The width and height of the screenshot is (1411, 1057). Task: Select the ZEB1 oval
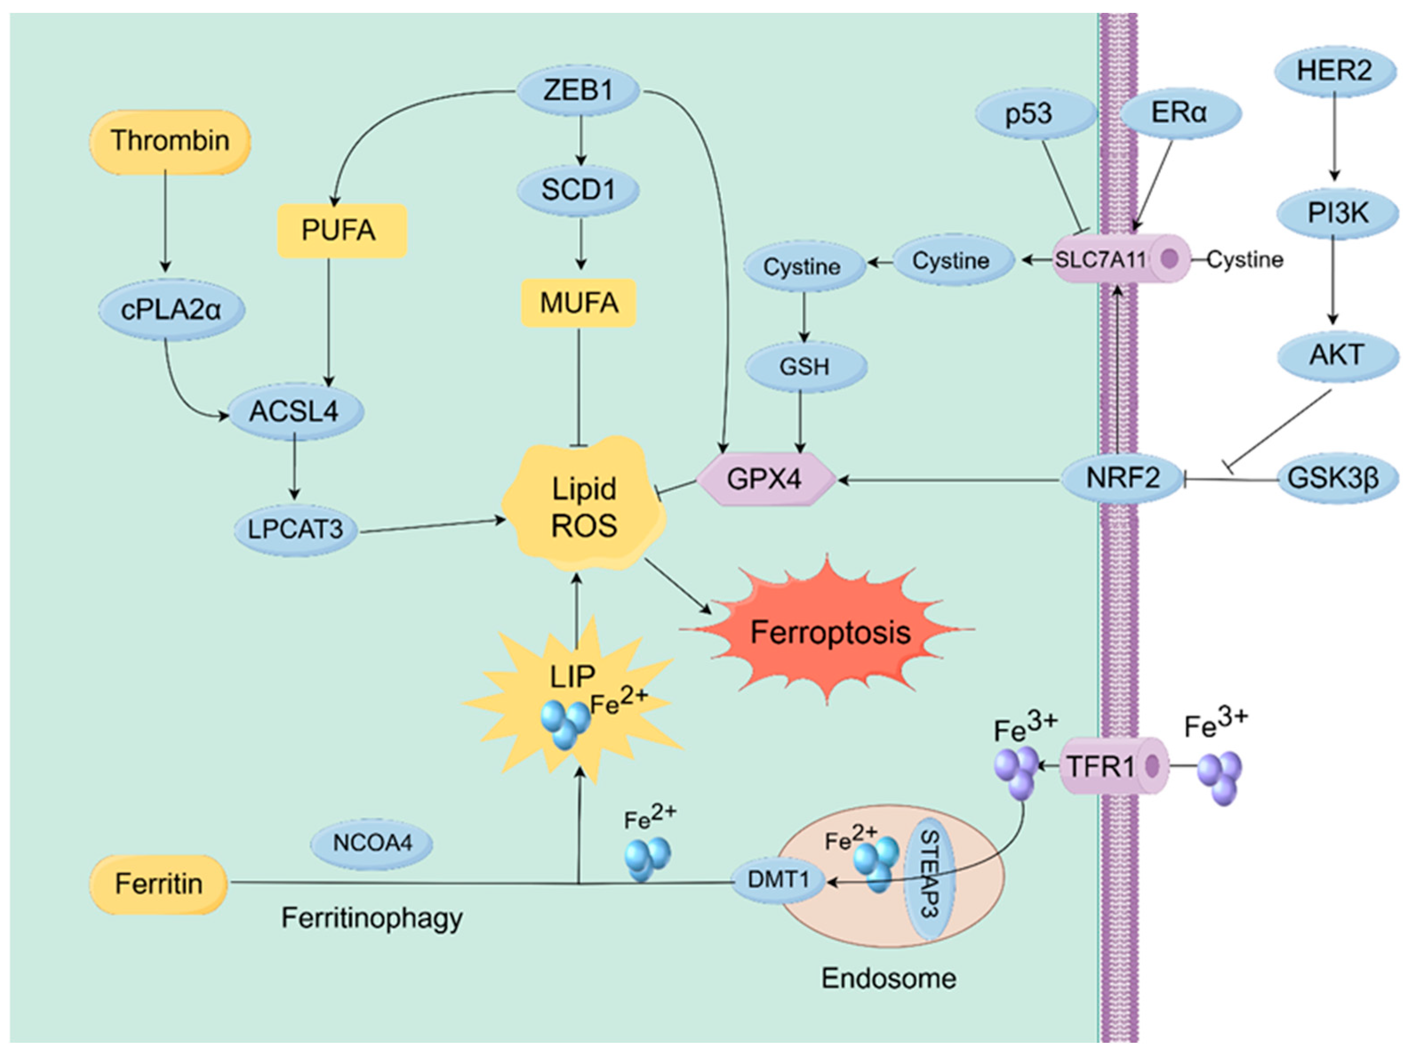click(x=577, y=90)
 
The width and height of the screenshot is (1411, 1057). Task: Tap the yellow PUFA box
click(x=342, y=230)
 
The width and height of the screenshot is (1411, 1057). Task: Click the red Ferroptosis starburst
click(x=829, y=632)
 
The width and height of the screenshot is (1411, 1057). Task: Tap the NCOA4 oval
click(x=372, y=843)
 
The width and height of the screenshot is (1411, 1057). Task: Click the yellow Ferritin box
click(x=158, y=884)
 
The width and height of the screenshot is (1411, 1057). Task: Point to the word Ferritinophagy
click(x=372, y=919)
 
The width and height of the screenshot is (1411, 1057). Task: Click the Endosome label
click(x=888, y=978)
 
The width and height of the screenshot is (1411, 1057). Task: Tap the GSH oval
click(x=804, y=367)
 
